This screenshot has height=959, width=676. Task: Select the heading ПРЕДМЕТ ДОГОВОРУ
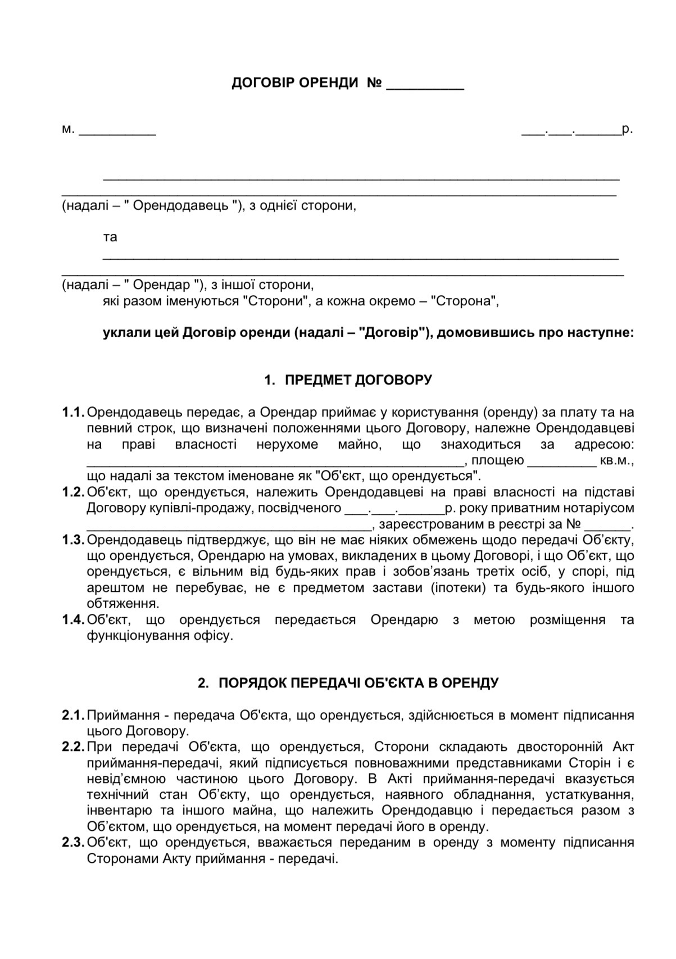coord(359,380)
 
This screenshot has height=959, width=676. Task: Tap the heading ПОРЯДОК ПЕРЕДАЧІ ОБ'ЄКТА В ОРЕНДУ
coord(358,683)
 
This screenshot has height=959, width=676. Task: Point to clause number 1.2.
coord(72,492)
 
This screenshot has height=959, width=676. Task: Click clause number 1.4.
coord(72,620)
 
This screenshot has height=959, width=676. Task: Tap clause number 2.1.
coord(72,716)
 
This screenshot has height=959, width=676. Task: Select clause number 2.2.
coord(72,747)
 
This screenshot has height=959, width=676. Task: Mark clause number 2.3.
coord(72,843)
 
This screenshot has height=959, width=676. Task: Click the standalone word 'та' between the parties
coord(110,237)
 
